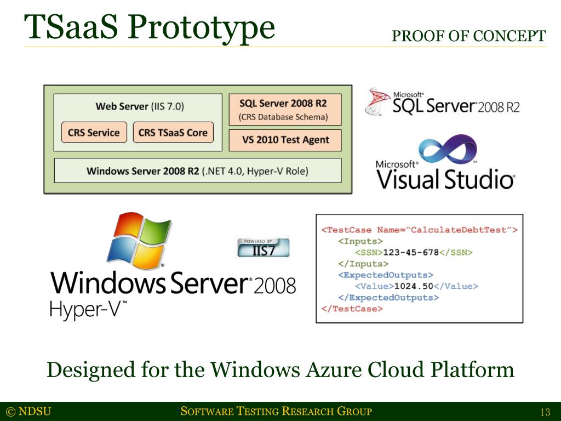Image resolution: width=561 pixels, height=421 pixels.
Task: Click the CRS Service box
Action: point(94,133)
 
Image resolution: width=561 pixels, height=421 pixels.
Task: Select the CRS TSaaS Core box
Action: point(173,133)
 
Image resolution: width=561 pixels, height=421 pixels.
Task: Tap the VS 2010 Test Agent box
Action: point(285,140)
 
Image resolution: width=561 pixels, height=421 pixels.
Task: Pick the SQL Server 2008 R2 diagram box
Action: point(285,109)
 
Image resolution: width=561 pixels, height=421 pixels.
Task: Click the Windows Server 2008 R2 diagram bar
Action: point(197,171)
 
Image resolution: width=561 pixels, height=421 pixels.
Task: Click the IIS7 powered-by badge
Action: point(263,247)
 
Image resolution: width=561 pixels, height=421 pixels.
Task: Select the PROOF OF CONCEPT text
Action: point(469,36)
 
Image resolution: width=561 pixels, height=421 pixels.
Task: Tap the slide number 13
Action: point(545,412)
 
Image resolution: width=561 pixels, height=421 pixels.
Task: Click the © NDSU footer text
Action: point(28,412)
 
